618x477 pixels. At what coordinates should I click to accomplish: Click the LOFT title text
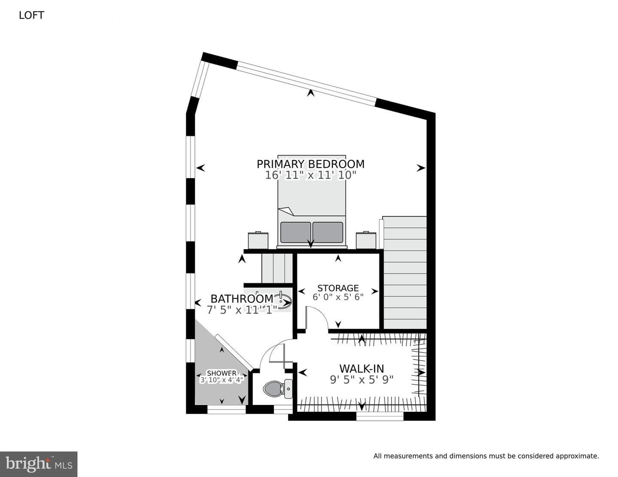click(x=32, y=15)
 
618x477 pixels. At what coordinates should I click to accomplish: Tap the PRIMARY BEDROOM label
click(x=311, y=164)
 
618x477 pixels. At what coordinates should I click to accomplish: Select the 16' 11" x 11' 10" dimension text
click(x=311, y=175)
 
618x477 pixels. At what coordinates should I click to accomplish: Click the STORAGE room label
click(x=338, y=288)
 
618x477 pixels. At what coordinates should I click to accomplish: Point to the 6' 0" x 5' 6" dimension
click(x=338, y=297)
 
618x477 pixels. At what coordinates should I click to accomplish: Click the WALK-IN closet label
click(x=361, y=369)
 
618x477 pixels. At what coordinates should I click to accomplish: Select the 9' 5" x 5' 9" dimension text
click(x=361, y=380)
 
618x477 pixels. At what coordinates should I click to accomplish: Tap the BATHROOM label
click(x=242, y=299)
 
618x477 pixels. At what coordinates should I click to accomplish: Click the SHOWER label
click(x=221, y=373)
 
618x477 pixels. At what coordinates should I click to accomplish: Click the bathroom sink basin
click(x=284, y=301)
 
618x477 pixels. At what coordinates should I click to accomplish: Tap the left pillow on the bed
click(x=296, y=232)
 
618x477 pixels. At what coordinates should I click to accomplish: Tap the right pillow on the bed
click(x=327, y=232)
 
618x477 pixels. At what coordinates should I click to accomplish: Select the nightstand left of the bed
click(x=258, y=240)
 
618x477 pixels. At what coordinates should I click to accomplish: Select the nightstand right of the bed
click(x=366, y=240)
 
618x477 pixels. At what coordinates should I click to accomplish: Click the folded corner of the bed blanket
click(x=287, y=211)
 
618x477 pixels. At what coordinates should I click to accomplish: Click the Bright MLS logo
click(x=39, y=464)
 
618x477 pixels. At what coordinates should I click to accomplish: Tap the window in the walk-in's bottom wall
click(x=380, y=416)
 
